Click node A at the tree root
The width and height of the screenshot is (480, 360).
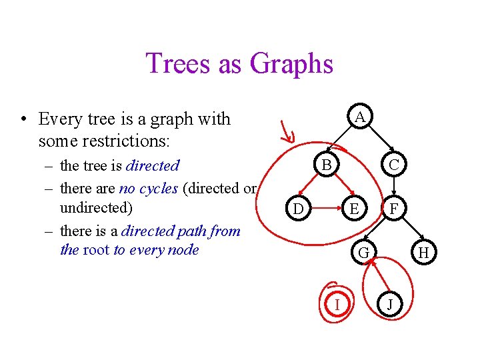click(359, 117)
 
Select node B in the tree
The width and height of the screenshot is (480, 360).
click(326, 165)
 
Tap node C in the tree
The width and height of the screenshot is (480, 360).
click(394, 165)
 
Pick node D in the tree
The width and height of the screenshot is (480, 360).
click(299, 209)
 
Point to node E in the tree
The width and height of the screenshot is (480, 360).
click(355, 209)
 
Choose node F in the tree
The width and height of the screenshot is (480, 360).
click(394, 209)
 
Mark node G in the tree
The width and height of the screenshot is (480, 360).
click(364, 253)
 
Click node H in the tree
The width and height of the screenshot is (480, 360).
click(423, 253)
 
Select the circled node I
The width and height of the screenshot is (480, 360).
click(337, 304)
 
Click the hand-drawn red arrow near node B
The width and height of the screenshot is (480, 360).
click(287, 130)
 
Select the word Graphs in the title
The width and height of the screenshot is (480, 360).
click(292, 64)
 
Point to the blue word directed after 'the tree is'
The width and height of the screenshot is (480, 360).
click(153, 165)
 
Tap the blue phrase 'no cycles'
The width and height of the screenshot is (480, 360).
click(148, 188)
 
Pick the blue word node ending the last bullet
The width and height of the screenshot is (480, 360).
click(183, 250)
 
